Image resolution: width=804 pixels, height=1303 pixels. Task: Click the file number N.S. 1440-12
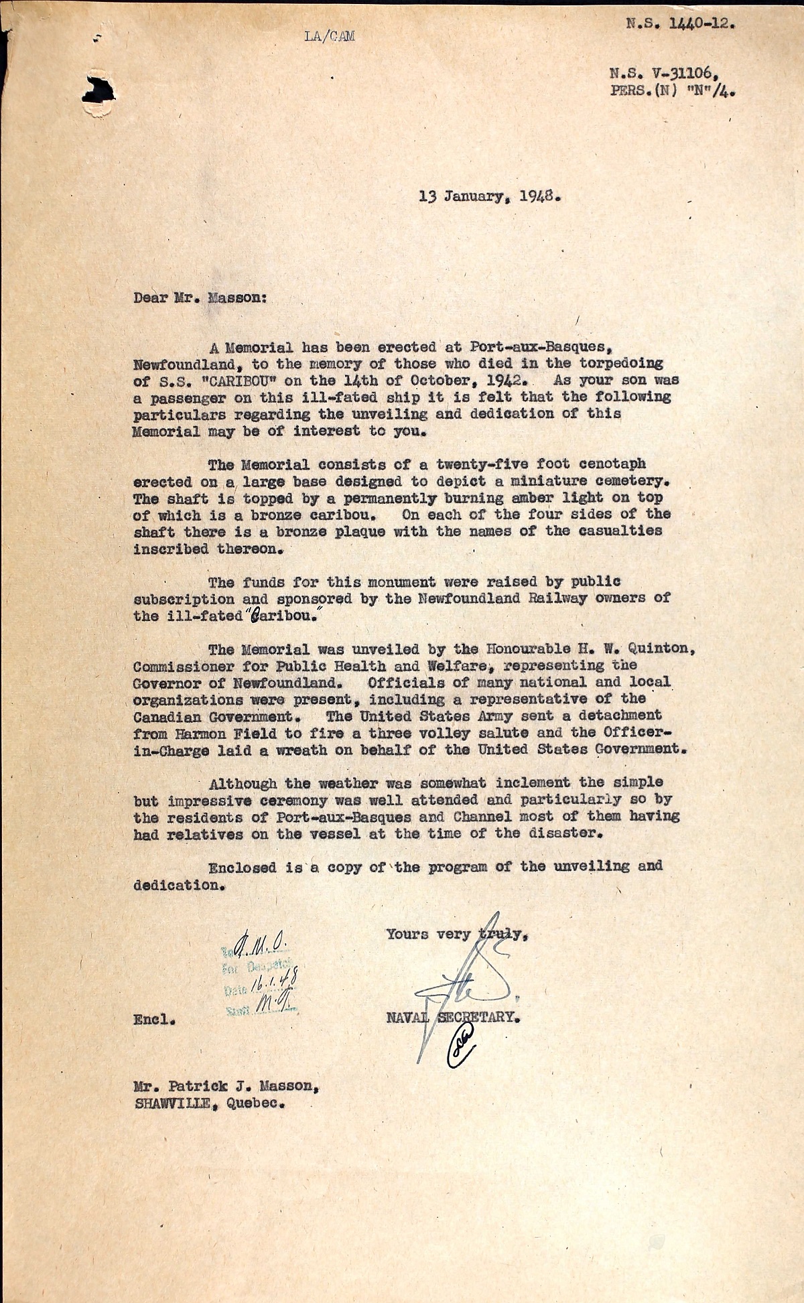click(x=681, y=24)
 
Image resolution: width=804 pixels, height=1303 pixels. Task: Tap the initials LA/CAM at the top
click(x=329, y=36)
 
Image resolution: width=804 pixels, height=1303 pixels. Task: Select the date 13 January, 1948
click(x=489, y=197)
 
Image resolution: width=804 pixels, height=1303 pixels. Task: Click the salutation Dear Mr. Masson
click(x=200, y=297)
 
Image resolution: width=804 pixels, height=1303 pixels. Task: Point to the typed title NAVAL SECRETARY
click(x=453, y=1017)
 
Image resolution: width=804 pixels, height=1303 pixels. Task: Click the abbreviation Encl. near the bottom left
click(x=154, y=1022)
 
